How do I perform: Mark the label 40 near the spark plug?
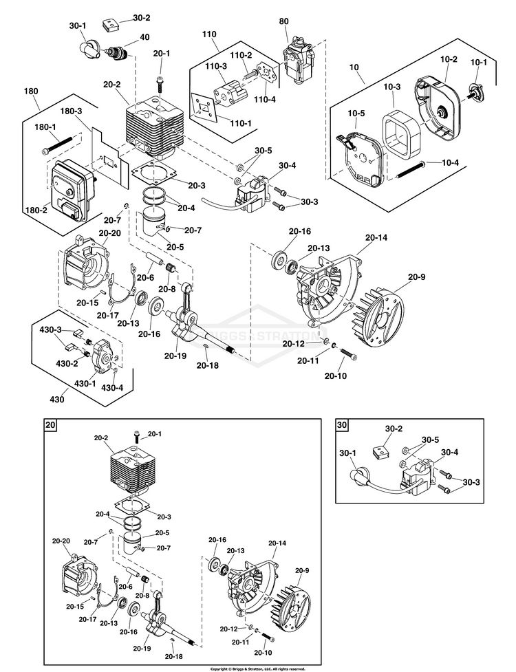click(144, 37)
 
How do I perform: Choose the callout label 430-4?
click(112, 387)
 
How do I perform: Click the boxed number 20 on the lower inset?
click(50, 425)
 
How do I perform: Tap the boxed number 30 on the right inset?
click(343, 425)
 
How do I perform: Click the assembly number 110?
click(209, 34)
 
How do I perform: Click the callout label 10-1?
click(478, 63)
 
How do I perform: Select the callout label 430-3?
click(50, 329)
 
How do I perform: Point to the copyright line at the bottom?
click(258, 668)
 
